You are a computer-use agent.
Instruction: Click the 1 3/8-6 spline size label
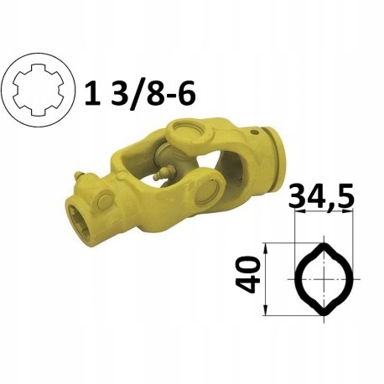point(139,92)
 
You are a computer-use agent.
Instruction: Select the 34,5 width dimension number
point(321,196)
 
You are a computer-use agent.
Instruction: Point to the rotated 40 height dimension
point(248,275)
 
